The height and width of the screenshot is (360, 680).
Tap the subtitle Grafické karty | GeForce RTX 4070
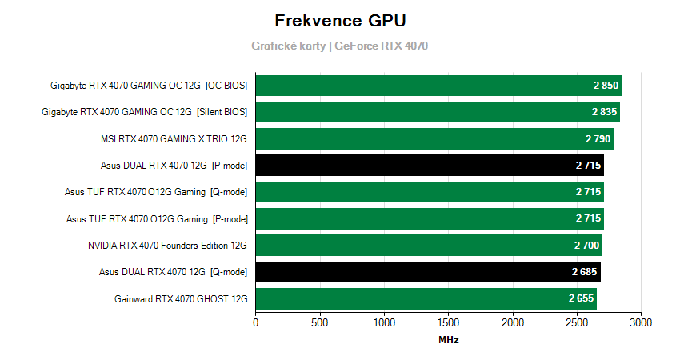click(340, 46)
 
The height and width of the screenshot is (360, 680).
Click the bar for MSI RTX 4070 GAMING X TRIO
click(434, 139)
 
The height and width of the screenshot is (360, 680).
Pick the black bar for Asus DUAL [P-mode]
click(430, 166)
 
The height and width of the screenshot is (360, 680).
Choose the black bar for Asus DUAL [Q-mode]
click(427, 272)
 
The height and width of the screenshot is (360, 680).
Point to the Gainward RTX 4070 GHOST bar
click(426, 299)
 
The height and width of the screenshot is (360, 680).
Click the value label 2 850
click(606, 86)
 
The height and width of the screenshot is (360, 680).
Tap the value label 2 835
click(604, 112)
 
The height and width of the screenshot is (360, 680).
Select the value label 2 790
click(598, 139)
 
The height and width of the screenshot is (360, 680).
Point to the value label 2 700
click(586, 246)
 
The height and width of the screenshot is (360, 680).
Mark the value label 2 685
click(585, 272)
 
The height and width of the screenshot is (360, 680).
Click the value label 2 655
click(581, 299)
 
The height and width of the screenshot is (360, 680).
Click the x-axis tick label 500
click(320, 323)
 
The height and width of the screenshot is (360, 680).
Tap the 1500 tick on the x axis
click(448, 323)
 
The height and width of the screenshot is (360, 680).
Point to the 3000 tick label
click(641, 323)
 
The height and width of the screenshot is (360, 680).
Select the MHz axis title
click(448, 340)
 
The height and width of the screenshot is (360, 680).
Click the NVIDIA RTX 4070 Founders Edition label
click(167, 246)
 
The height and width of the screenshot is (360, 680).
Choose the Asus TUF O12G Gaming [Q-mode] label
click(156, 192)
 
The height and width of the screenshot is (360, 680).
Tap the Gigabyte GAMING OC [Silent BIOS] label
click(144, 112)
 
